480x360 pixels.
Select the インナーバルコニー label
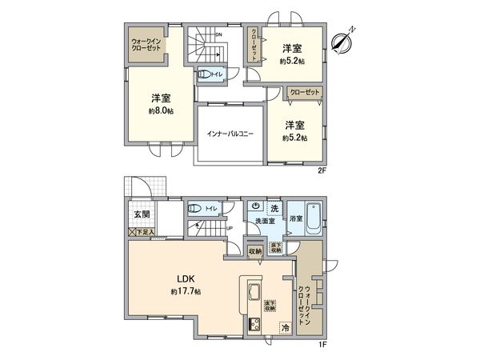pyautogui.click(x=230, y=134)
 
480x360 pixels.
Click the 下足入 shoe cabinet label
pyautogui.click(x=145, y=231)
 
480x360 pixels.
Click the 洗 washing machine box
pyautogui.click(x=274, y=208)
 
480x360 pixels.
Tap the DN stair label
pyautogui.click(x=218, y=34)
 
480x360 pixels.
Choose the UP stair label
pyautogui.click(x=230, y=228)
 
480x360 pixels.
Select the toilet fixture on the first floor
pyautogui.click(x=194, y=208)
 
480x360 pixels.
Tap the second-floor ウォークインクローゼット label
pyautogui.click(x=146, y=45)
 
